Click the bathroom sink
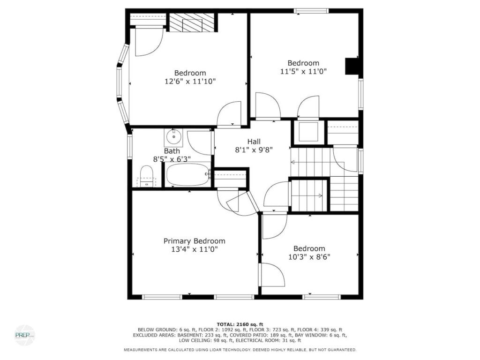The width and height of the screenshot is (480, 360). click(173, 137)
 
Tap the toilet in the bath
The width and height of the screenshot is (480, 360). click(146, 176)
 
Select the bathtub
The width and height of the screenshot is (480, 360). click(188, 174)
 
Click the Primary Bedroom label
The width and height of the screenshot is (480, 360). click(195, 241)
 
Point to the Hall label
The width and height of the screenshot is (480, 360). click(254, 142)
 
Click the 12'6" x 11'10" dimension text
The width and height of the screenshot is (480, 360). click(190, 82)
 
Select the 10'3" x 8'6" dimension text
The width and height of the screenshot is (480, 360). click(309, 257)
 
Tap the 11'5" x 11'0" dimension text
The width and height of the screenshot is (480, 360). click(303, 71)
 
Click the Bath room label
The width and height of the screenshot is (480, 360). click(172, 151)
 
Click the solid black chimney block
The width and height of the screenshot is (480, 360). click(352, 66)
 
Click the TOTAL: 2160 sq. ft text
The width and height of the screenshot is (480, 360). click(240, 324)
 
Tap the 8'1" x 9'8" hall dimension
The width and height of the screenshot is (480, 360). click(254, 150)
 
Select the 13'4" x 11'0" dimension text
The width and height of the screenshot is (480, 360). click(195, 249)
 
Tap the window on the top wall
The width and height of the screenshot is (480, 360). click(311, 11)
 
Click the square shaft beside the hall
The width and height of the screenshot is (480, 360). click(308, 132)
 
